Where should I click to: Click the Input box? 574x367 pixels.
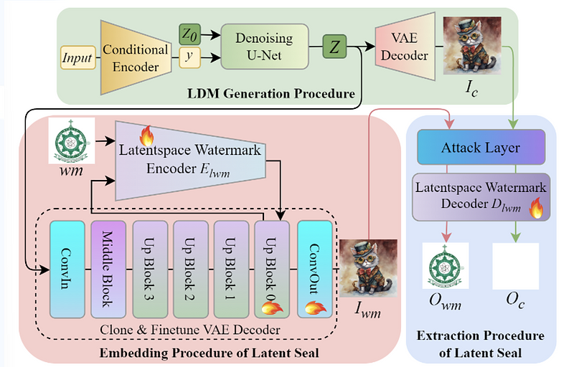(x=76, y=57)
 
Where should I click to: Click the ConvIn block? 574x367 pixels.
(x=66, y=269)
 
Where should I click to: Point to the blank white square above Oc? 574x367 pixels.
(x=514, y=266)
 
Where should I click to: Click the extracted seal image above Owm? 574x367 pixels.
(x=446, y=266)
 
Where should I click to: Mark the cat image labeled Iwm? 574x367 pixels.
(x=362, y=269)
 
